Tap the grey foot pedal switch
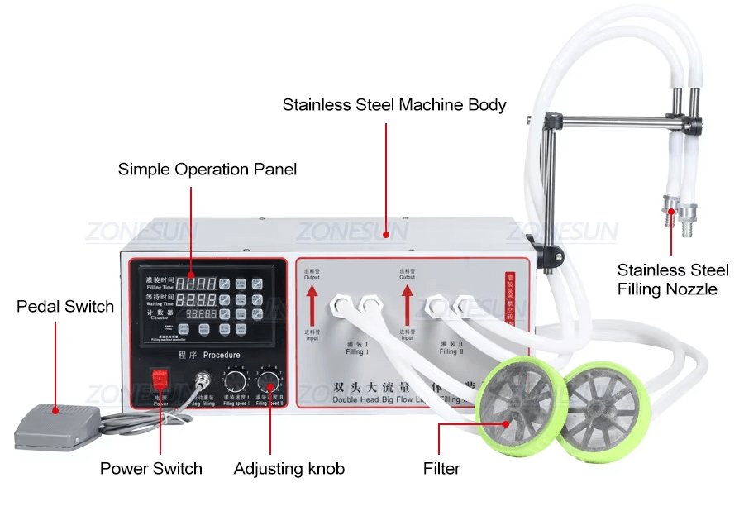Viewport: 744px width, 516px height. coord(57,423)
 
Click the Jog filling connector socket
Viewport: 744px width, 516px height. coord(201,380)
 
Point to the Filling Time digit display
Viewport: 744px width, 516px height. coord(200,283)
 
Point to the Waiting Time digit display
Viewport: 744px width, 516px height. coord(200,299)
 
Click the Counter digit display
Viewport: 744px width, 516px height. coord(200,315)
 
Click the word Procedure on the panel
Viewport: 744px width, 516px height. coord(222,355)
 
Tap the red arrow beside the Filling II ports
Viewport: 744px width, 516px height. coord(407,308)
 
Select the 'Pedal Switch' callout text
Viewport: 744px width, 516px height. coord(65,307)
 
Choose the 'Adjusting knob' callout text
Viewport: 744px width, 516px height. coord(289,469)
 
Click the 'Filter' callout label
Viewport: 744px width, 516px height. coord(441,469)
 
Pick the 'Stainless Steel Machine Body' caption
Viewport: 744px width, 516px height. coord(394,105)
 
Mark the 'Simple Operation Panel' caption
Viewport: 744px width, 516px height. coord(207,170)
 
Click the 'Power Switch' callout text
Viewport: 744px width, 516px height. coord(151,469)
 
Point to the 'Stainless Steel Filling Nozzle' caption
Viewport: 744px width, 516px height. coord(673,279)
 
